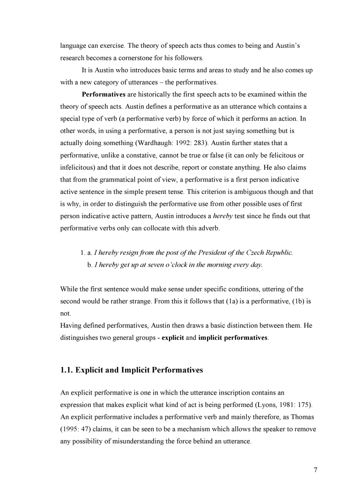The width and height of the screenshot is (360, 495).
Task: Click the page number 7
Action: [315, 470]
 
